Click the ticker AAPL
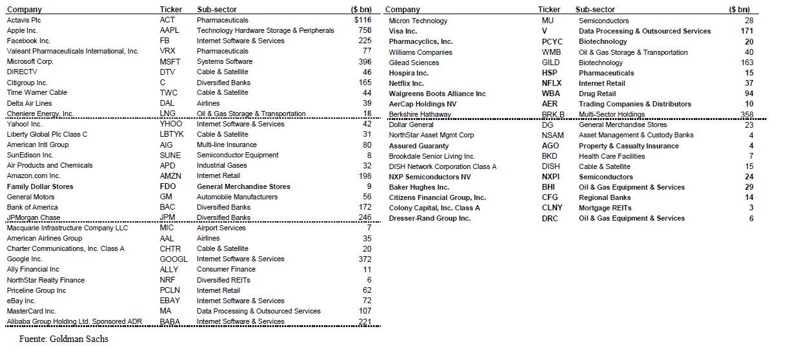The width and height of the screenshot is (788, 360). coord(169,30)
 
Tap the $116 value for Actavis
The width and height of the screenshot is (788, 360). coord(363,20)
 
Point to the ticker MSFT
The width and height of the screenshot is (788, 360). coord(169,61)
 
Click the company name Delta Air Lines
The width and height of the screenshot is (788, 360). coord(30,103)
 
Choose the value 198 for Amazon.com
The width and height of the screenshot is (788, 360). coord(365,176)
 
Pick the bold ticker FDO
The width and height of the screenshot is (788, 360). coord(167,186)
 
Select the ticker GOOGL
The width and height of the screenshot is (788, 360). coord(172,259)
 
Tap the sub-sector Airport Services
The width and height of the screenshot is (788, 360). coord(221,228)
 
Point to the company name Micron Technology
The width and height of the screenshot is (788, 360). coord(418,21)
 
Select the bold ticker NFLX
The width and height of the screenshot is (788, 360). coord(552,83)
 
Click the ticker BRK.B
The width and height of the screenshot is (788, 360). coord(553,114)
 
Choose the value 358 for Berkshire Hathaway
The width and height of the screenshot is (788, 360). coord(747,114)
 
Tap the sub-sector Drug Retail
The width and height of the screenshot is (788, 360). coord(597,94)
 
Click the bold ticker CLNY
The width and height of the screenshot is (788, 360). coord(552,208)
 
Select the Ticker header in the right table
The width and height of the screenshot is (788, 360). coord(549,10)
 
